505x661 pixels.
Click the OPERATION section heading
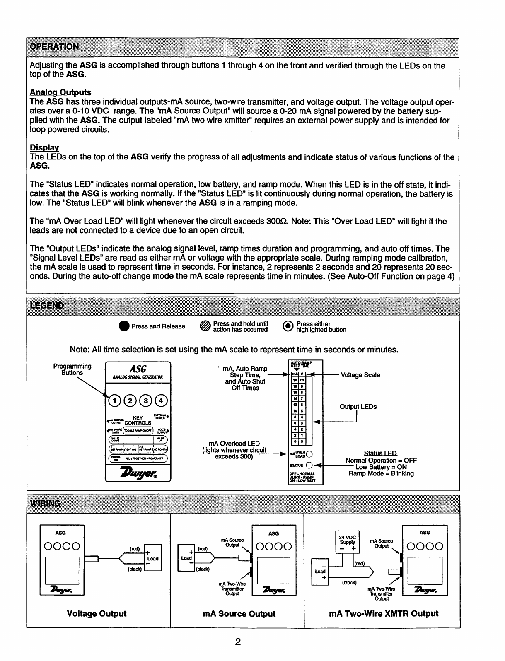tap(54, 46)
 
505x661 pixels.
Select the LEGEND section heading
tap(47, 306)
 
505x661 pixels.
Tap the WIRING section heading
tap(45, 503)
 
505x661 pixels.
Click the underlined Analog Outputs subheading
tap(60, 92)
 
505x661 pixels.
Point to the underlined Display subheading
tap(44, 148)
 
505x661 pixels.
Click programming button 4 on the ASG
tap(161, 400)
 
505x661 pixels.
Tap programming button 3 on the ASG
tap(146, 400)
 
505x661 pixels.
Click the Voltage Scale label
tap(360, 375)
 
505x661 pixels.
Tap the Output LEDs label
tap(358, 407)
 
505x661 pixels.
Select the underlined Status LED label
tap(380, 453)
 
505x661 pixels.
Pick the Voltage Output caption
tap(97, 613)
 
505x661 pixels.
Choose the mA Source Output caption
tap(239, 614)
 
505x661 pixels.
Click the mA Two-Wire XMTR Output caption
tap(383, 613)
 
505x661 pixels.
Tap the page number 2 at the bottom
tap(238, 642)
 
